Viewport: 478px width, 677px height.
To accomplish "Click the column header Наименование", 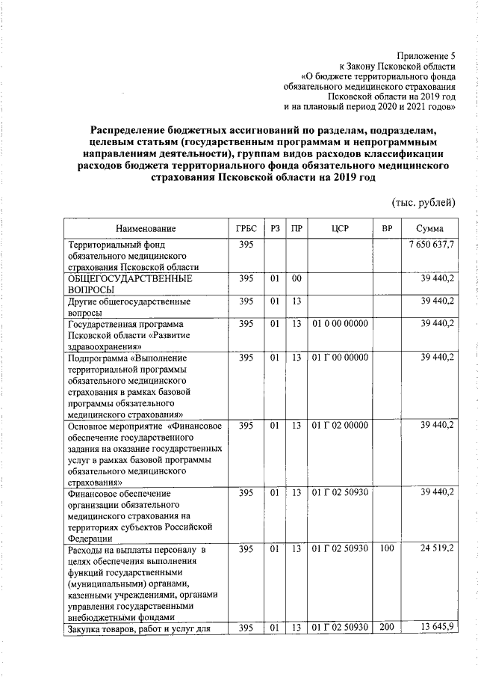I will coord(145,228).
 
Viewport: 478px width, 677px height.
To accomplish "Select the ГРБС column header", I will coord(246,228).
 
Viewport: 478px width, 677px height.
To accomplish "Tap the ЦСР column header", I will coord(340,228).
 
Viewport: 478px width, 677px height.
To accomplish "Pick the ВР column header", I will coord(387,228).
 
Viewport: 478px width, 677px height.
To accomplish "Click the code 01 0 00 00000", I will coord(340,324).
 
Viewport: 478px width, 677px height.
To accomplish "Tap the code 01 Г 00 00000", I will coord(340,358).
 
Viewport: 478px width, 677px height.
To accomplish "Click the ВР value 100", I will coord(386,550).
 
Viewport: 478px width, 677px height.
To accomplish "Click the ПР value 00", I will coord(297,279).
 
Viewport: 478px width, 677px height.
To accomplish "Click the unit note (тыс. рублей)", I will coord(423,203).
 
